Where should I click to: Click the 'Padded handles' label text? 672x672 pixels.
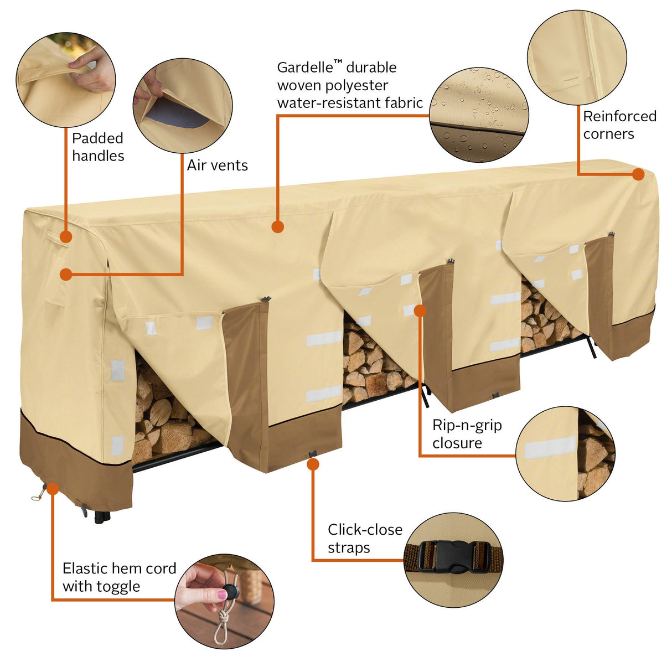pos(98,147)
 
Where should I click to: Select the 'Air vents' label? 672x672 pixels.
pos(217,166)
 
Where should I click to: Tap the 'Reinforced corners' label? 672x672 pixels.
pos(619,125)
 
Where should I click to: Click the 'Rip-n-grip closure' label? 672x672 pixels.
pos(467,434)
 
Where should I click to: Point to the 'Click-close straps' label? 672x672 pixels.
pos(364,539)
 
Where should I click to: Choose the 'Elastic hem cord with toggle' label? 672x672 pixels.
pos(119,577)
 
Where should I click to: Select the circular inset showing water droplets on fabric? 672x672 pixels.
pos(479,115)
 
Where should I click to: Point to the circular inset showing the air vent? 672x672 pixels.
pos(183,105)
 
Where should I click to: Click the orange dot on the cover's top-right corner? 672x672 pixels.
pos(638,174)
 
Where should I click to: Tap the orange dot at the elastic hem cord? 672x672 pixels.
pos(53,488)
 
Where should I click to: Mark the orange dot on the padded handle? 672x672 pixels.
pos(66,237)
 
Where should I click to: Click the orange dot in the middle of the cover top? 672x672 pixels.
pos(278,226)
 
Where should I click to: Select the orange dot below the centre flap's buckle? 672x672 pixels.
pos(313,464)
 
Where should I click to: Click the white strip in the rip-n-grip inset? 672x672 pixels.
pos(550,447)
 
